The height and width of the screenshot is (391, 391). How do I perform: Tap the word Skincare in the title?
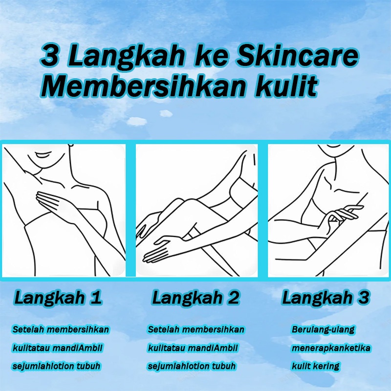(x=297, y=56)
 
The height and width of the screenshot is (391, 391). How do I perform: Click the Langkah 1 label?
(x=58, y=298)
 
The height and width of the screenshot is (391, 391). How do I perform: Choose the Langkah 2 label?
(x=196, y=298)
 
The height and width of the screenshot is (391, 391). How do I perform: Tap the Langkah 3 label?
(x=326, y=298)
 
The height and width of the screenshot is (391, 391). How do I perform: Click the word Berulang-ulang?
(x=323, y=329)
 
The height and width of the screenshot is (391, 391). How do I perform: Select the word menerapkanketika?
(x=331, y=348)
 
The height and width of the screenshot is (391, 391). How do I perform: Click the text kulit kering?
(x=315, y=366)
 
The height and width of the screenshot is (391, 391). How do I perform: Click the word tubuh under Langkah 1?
(x=88, y=366)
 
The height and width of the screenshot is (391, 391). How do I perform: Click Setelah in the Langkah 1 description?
(x=28, y=329)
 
